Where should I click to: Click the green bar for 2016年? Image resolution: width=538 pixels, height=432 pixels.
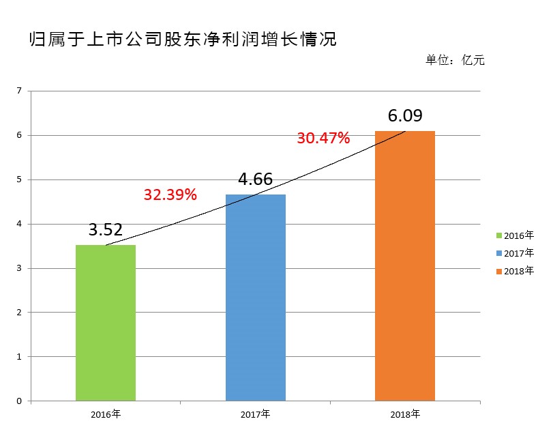[105, 322]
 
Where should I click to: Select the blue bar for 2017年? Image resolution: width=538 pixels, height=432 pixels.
[255, 298]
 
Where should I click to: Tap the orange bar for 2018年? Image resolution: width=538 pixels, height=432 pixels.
[405, 265]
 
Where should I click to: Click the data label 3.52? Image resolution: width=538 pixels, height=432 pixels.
[105, 230]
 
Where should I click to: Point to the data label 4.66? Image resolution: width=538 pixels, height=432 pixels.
[255, 179]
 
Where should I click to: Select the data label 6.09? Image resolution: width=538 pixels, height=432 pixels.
[405, 116]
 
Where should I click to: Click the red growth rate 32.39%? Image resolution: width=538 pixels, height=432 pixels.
[170, 195]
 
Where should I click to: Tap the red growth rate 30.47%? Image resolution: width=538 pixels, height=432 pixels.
[323, 139]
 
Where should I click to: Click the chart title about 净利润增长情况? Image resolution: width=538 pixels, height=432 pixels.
[183, 39]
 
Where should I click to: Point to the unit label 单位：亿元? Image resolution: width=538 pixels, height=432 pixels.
[455, 60]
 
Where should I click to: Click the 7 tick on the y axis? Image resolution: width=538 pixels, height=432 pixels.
[19, 91]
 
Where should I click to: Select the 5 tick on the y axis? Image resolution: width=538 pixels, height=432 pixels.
[19, 179]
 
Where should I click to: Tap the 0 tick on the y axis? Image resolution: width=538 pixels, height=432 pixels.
[19, 401]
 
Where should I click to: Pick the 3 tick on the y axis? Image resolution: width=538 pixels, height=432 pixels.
[19, 268]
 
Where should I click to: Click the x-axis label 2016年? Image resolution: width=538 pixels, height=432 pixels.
[105, 414]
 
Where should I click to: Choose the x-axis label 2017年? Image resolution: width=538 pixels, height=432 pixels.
[255, 414]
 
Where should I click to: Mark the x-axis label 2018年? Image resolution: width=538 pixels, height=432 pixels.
[405, 414]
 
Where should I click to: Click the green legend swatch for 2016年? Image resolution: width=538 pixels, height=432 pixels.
[498, 236]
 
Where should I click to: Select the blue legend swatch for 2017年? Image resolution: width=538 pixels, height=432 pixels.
[498, 254]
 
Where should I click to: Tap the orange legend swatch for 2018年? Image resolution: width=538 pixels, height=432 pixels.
[498, 272]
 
